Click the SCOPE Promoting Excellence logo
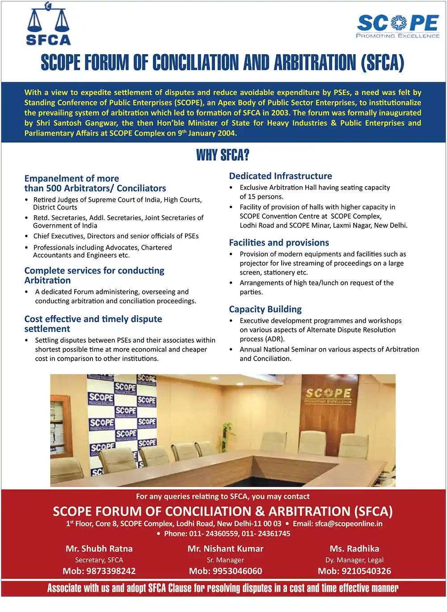tap(398, 26)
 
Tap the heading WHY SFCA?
tap(223, 155)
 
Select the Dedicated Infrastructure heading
tap(280, 176)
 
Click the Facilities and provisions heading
tap(279, 242)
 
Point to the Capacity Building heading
tap(265, 309)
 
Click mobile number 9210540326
tap(366, 571)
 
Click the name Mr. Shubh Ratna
tap(99, 548)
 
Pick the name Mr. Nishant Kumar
tap(225, 548)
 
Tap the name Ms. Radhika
tap(354, 548)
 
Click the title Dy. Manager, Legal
tap(354, 560)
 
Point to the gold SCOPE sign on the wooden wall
tap(329, 394)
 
